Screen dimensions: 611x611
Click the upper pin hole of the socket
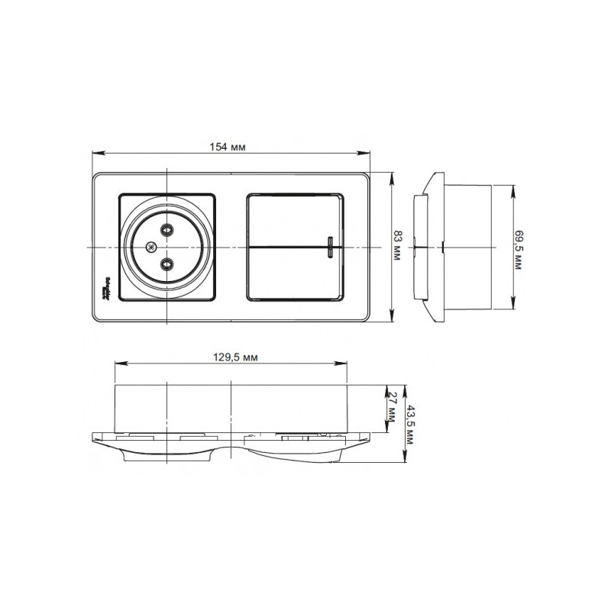click(x=166, y=229)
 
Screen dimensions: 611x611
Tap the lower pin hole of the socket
click(x=166, y=263)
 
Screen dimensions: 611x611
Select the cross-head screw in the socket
click(x=150, y=247)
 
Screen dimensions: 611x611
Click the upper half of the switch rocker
click(x=294, y=221)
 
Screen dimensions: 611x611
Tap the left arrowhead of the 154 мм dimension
click(x=95, y=152)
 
